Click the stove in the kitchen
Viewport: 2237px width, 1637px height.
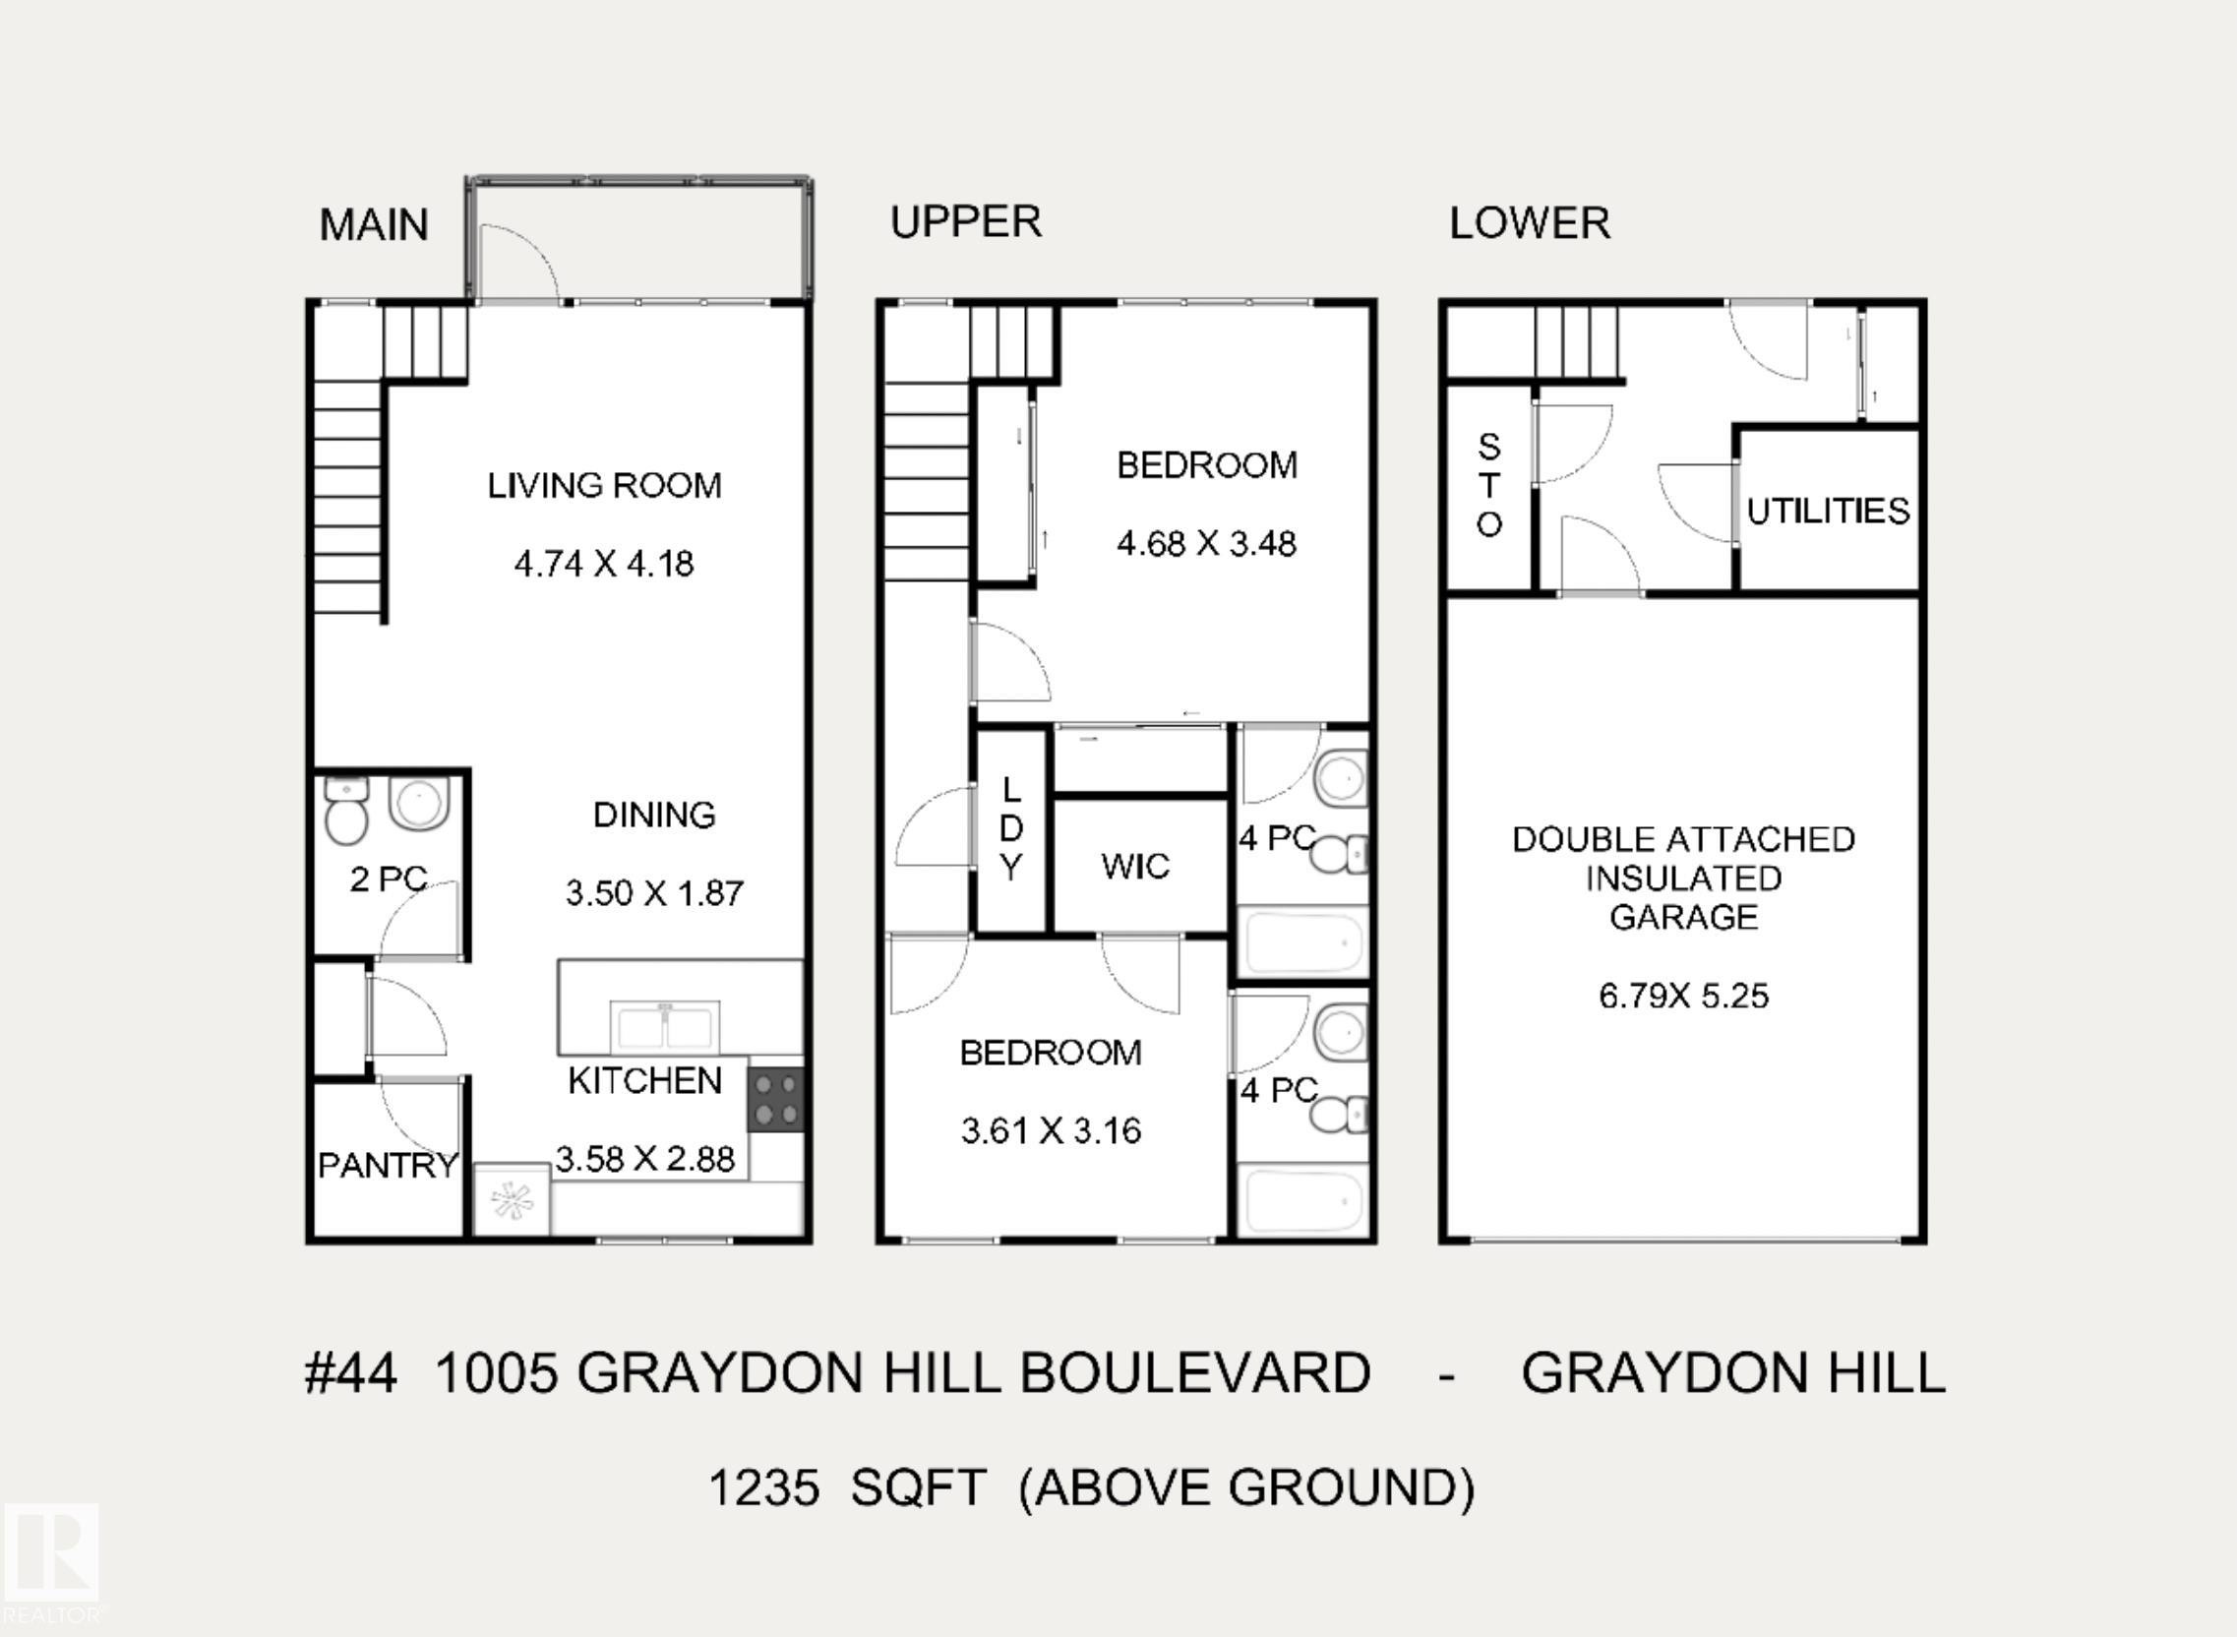click(776, 1099)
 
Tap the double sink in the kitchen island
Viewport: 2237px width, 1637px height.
click(665, 1026)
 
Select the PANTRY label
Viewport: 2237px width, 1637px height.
click(389, 1166)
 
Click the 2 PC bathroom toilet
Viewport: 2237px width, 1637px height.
click(346, 810)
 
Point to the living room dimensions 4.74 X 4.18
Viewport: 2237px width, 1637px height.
click(604, 564)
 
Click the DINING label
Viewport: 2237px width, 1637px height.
click(654, 815)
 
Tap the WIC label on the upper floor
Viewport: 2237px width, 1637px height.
click(1135, 867)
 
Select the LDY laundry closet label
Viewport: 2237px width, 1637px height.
click(1010, 828)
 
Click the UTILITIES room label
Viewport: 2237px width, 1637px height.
click(1828, 512)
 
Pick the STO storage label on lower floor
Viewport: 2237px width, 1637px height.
click(1489, 486)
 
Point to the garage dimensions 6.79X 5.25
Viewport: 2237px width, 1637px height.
click(1683, 996)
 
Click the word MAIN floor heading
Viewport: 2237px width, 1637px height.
click(374, 225)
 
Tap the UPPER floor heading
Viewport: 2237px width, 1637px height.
click(966, 221)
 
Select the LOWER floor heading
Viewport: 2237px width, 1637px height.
click(1530, 223)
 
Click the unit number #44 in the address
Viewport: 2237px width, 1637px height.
click(351, 1373)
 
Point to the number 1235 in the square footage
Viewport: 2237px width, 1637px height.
click(763, 1487)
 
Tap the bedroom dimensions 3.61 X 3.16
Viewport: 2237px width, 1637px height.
click(1052, 1130)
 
